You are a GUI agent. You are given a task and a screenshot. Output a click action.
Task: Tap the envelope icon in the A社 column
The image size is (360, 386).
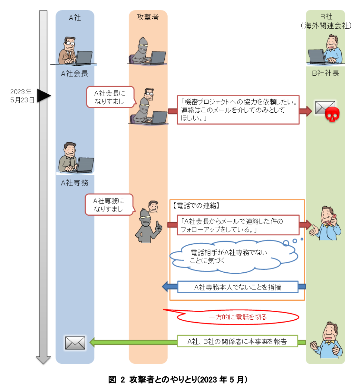click(75, 343)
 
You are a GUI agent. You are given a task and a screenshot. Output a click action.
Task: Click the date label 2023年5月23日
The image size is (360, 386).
click(22, 96)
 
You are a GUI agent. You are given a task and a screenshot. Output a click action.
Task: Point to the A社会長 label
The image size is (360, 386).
click(74, 74)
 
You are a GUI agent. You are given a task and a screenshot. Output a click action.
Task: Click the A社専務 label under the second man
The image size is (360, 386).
click(74, 183)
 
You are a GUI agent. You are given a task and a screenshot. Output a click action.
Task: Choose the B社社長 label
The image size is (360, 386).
click(326, 73)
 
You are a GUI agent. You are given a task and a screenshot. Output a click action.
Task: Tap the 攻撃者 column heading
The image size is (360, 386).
click(148, 17)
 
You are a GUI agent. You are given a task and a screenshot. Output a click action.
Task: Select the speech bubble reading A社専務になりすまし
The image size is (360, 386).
click(108, 205)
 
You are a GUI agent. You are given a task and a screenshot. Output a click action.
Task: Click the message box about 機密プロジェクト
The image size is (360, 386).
click(238, 110)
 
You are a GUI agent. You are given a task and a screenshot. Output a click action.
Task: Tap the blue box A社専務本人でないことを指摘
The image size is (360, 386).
click(238, 287)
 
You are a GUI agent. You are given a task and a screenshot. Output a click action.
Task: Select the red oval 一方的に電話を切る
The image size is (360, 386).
click(238, 317)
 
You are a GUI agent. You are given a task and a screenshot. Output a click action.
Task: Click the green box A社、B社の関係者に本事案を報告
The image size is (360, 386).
click(237, 342)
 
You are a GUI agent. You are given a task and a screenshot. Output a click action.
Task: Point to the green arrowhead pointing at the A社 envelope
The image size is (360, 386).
click(92, 342)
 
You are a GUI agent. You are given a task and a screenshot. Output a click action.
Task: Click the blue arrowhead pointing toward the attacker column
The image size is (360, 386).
click(165, 287)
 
